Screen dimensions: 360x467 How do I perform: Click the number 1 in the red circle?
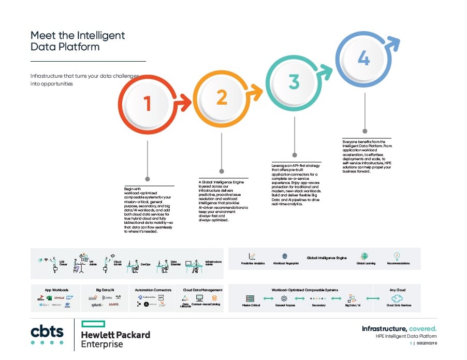[x=148, y=104]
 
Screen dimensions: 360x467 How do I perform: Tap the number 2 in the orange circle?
[x=222, y=97]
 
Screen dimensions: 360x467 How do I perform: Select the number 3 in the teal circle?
[x=294, y=82]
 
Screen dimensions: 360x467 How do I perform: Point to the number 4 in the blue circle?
[x=364, y=59]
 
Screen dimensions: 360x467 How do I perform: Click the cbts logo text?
[x=47, y=330]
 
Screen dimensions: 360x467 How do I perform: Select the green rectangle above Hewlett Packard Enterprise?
[x=93, y=324]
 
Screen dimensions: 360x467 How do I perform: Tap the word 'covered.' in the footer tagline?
[x=422, y=329]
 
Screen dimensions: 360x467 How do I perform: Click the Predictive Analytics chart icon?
[x=252, y=256]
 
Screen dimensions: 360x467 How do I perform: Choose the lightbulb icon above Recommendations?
[x=398, y=256]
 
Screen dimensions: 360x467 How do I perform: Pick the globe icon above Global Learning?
[x=366, y=256]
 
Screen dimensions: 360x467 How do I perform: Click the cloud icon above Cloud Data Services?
[x=398, y=298]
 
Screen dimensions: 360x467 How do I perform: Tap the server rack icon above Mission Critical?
[x=251, y=298]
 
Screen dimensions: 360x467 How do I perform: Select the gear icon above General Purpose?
[x=284, y=298]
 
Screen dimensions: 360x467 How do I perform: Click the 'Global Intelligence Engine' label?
[x=327, y=257]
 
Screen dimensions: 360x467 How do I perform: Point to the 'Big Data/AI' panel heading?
[x=105, y=290]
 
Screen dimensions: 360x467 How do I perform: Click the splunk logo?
[x=97, y=305]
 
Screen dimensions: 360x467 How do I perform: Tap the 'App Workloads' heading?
[x=56, y=290]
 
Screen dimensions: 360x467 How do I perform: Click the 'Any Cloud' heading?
[x=398, y=290]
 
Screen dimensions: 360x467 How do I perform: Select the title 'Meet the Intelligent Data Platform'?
[x=78, y=41]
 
